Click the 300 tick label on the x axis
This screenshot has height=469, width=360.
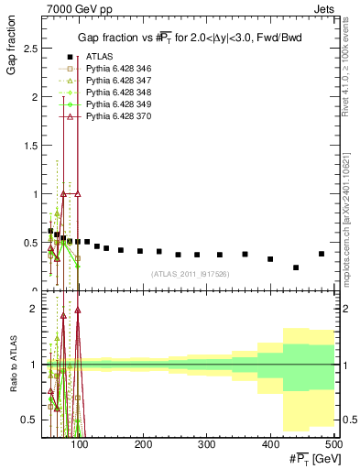click(x=206, y=444)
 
